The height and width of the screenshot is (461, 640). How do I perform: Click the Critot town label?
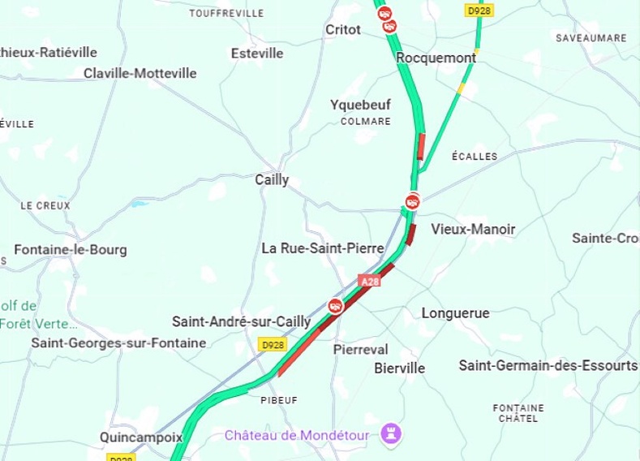tap(342, 29)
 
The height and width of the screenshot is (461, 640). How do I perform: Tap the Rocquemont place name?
tap(436, 58)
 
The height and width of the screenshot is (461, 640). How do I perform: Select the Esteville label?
tap(257, 53)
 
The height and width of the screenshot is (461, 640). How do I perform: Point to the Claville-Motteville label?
tap(140, 73)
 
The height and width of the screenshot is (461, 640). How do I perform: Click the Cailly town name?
tap(272, 179)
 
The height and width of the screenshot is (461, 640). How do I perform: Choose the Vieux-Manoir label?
tap(473, 229)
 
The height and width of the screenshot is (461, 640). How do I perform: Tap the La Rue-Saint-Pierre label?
tap(323, 248)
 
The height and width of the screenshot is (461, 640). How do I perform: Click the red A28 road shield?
tap(369, 281)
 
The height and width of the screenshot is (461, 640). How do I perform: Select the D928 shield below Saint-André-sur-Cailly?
tap(272, 345)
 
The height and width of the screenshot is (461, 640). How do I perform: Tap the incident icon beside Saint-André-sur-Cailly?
tap(335, 305)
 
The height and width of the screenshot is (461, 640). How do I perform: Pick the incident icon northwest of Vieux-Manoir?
tap(413, 200)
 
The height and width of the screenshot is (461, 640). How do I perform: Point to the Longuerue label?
tap(455, 312)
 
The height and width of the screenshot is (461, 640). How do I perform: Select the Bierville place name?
tap(399, 368)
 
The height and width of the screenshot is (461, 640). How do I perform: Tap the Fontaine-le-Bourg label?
tap(71, 249)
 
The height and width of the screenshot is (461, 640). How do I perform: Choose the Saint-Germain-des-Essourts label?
tap(547, 365)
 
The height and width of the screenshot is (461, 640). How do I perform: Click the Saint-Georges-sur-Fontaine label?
tap(118, 343)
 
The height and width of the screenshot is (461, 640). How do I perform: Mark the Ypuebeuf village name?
tap(360, 105)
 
